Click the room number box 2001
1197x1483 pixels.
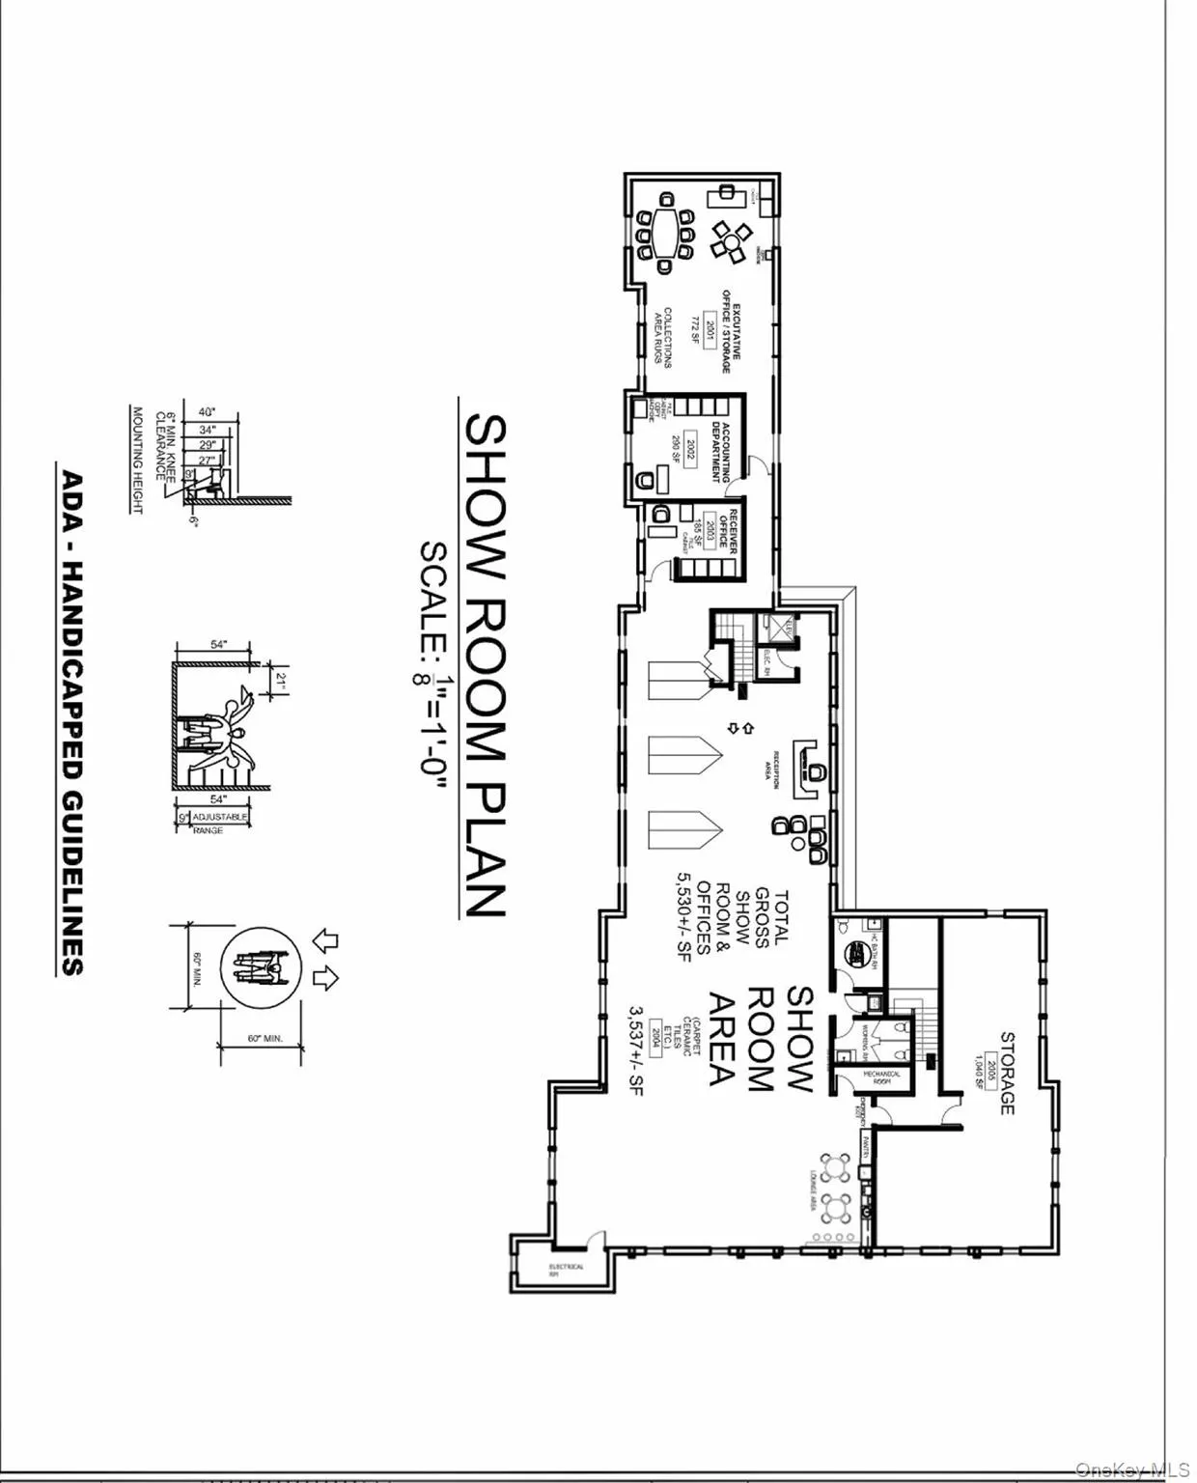711,331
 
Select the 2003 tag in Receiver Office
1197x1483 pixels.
710,528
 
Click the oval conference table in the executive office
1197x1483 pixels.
664,233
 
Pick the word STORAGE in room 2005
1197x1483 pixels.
1008,1073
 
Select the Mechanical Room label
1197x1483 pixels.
881,1077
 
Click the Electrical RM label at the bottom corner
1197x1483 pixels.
567,1271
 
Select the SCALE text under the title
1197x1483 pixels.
433,591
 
